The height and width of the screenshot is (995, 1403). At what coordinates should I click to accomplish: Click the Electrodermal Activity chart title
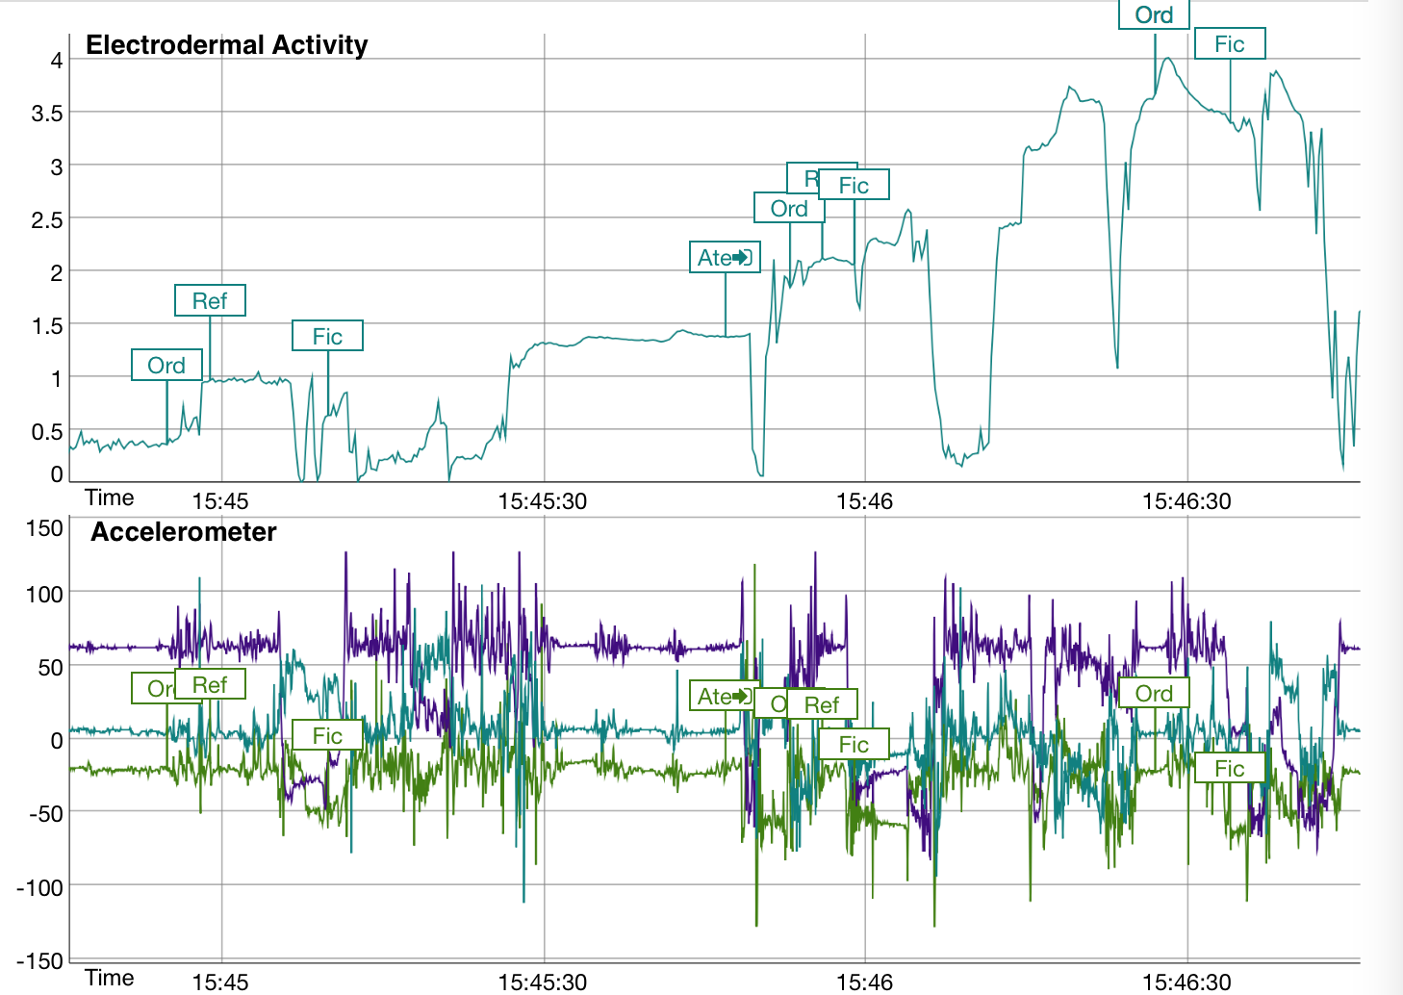[226, 45]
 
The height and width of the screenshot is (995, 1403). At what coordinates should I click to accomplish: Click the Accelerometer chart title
[183, 532]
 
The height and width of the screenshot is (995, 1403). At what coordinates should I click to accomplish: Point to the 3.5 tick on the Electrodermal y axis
[46, 114]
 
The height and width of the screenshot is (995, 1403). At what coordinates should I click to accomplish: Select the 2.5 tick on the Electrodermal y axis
[46, 220]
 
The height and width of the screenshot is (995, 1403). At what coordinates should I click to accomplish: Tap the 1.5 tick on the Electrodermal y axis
[46, 326]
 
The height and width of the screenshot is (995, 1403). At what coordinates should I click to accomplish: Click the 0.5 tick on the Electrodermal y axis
[46, 432]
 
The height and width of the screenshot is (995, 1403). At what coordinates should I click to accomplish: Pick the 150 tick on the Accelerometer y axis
[44, 528]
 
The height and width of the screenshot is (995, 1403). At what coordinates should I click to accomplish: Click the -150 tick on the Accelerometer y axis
[40, 960]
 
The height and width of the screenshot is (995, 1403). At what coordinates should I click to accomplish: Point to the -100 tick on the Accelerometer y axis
[40, 887]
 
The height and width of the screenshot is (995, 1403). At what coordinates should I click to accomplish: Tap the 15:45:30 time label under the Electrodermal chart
[543, 501]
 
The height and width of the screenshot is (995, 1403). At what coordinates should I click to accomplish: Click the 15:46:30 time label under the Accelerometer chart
[1186, 982]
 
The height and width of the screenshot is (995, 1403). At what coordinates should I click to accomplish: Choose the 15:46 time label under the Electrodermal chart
[864, 501]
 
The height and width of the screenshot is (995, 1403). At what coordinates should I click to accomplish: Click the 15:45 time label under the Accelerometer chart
[220, 982]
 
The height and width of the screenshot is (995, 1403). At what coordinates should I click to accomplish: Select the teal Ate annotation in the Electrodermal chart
[725, 258]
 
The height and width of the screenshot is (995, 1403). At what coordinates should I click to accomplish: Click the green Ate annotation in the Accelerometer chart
[725, 696]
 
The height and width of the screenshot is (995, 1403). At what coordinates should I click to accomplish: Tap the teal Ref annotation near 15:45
[210, 301]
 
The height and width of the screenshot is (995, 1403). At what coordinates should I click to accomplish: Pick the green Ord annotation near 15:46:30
[1154, 694]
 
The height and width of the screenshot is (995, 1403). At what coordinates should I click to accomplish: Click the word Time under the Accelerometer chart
[109, 978]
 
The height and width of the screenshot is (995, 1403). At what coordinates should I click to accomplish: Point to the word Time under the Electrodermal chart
[109, 497]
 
